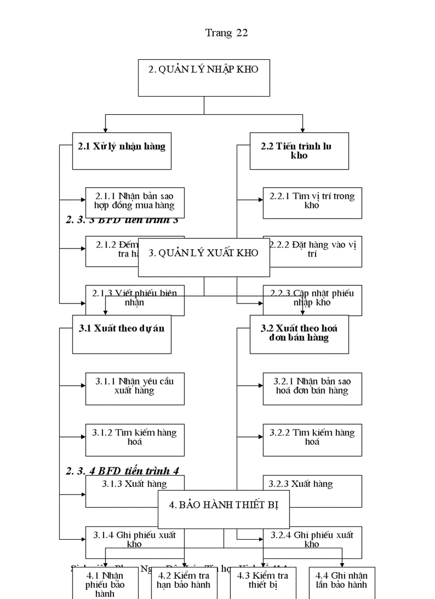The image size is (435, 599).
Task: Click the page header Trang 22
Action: point(227,33)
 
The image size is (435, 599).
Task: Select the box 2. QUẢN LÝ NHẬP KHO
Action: point(204,78)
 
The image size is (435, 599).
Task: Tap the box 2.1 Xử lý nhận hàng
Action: point(122,151)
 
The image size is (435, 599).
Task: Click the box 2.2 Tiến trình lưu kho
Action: point(299,151)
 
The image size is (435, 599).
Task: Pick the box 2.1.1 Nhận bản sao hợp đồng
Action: point(135,201)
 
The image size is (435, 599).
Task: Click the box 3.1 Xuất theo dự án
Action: point(122,334)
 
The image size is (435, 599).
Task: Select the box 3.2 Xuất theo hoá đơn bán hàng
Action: point(299,334)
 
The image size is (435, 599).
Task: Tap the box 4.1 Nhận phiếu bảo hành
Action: point(105,583)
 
